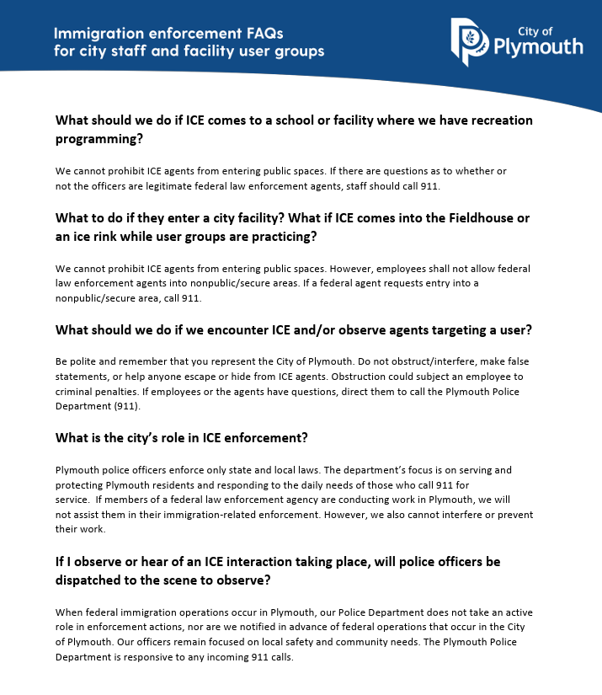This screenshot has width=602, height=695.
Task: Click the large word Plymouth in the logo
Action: coord(538,46)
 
